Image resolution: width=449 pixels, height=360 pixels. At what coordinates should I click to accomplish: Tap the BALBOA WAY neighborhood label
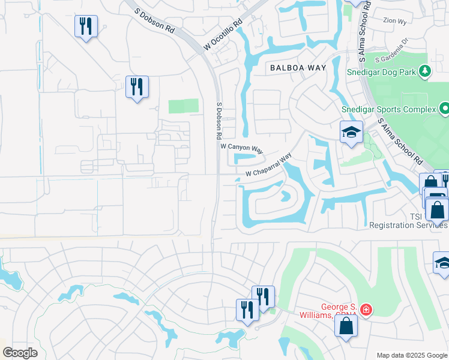(x=298, y=68)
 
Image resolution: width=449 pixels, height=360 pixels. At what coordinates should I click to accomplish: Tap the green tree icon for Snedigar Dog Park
(x=426, y=71)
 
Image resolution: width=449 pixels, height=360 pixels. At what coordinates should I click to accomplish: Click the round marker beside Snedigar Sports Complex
(x=444, y=109)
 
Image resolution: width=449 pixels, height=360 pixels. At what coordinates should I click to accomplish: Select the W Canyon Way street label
(x=242, y=146)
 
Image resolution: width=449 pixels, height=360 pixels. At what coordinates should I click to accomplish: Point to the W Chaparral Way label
(x=268, y=166)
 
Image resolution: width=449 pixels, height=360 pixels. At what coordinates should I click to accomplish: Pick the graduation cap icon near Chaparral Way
(x=351, y=133)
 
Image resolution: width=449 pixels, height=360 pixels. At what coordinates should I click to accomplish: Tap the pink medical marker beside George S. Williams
(x=366, y=310)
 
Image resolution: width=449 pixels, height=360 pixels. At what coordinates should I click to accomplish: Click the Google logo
(x=20, y=353)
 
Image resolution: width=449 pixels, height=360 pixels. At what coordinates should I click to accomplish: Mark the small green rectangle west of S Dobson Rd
(x=183, y=106)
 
